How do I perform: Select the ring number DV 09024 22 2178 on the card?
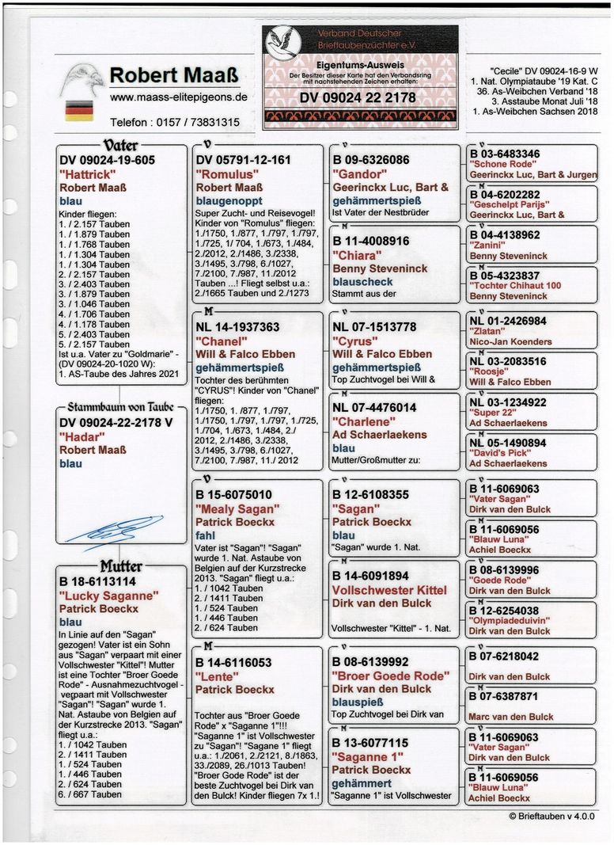click(358, 98)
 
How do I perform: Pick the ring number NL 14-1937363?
click(237, 326)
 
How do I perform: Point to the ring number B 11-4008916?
click(370, 241)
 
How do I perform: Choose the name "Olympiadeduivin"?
click(510, 621)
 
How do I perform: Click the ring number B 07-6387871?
click(503, 696)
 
